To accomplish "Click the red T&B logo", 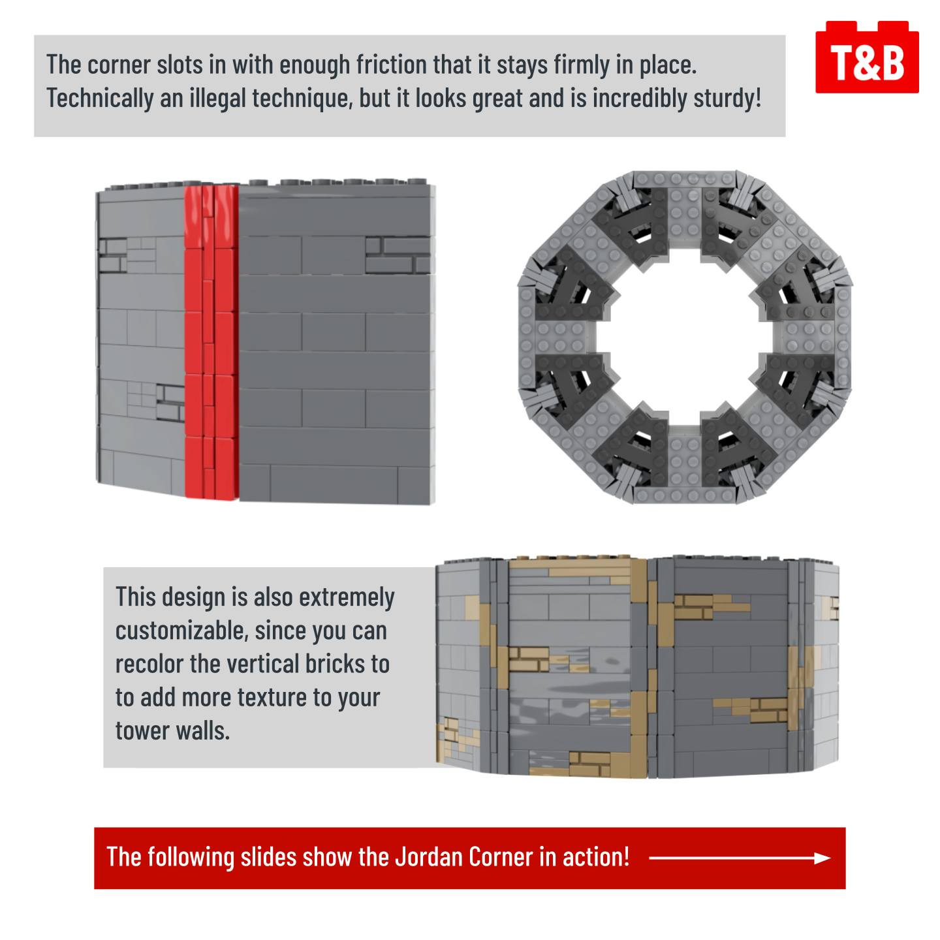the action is click(x=866, y=57).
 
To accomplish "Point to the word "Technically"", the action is click(x=100, y=99).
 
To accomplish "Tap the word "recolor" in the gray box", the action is click(x=149, y=664).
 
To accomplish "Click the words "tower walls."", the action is click(x=173, y=730).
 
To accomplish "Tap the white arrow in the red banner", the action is click(x=740, y=858).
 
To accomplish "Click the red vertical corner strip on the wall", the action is click(x=211, y=341).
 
